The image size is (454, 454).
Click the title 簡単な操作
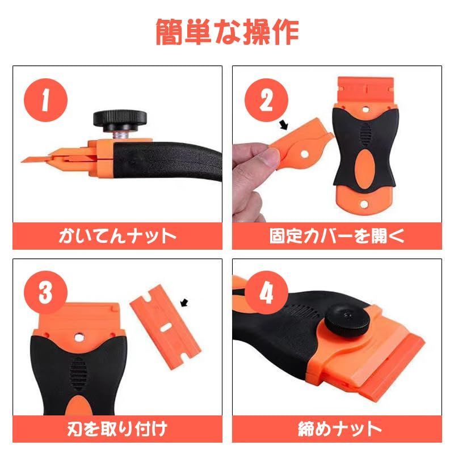(x=227, y=32)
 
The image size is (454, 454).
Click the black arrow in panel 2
(x=285, y=123)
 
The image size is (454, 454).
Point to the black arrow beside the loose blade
(x=184, y=304)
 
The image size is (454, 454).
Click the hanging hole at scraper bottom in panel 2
(x=363, y=204)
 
